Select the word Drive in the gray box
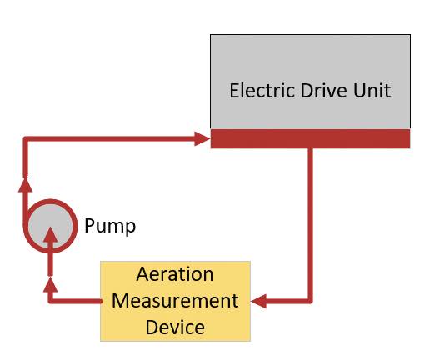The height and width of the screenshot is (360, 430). pos(324,90)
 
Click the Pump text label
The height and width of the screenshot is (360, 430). pos(110,227)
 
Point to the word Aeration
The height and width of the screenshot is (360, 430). pos(175,274)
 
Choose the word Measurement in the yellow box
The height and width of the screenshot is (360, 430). pos(175,301)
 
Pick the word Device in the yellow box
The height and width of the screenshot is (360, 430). pos(175,327)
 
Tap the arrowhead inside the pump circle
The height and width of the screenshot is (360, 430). pos(50,235)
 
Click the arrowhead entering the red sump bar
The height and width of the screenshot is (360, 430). pos(202,138)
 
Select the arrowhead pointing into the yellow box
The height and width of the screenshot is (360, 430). pos(258,301)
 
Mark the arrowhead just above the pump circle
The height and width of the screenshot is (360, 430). pos(26,184)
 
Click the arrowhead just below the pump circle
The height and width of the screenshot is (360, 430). pos(51,284)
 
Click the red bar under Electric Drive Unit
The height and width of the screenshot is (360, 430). pos(310,138)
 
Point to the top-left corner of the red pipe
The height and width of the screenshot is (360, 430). pos(25,138)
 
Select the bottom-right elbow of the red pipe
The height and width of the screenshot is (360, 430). pos(311,301)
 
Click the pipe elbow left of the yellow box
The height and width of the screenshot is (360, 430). pos(50,301)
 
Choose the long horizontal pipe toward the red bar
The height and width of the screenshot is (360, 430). pos(111,138)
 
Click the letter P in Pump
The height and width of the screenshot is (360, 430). pos(89,225)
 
